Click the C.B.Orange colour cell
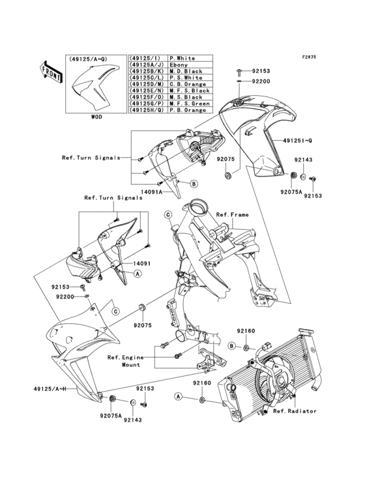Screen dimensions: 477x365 click(186, 84)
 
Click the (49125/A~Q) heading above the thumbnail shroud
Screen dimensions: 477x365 click(86, 59)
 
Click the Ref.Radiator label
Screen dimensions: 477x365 click(295, 411)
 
